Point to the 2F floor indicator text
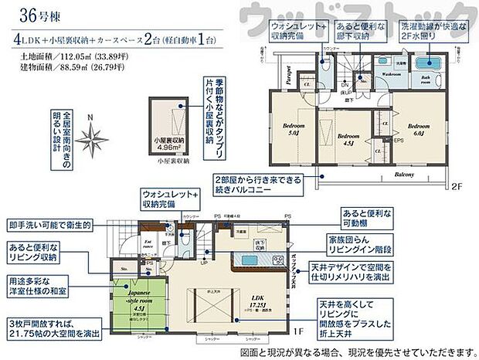coord(457,186)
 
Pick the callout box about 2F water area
coord(433,30)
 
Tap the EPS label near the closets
coord(398,141)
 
